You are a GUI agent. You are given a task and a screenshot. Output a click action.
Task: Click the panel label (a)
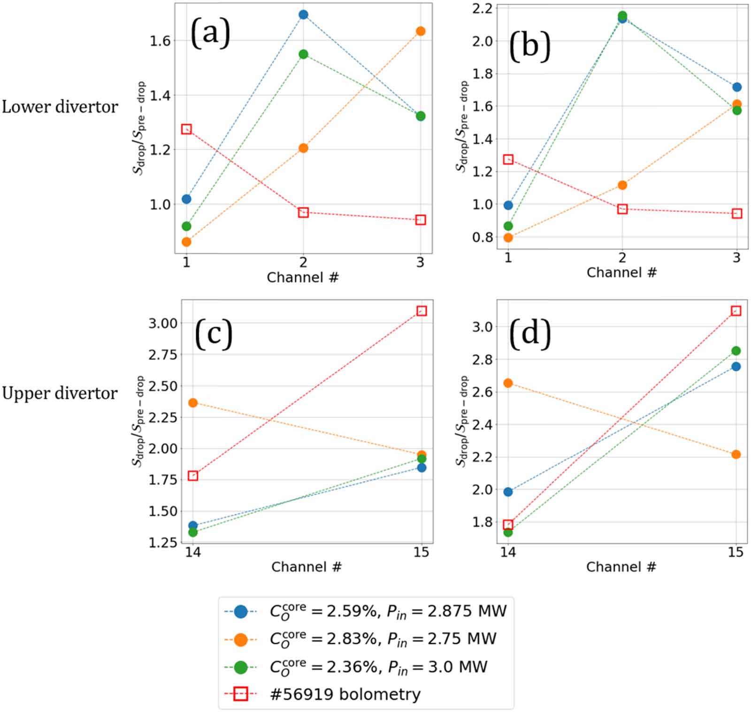point(210,33)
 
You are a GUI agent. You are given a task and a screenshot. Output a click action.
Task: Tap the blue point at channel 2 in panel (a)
point(303,15)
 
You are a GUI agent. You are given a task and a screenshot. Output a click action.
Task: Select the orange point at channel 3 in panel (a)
point(421,31)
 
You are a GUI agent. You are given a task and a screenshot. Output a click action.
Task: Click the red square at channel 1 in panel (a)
point(186,129)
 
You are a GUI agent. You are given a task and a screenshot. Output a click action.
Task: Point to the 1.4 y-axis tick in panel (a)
point(160,95)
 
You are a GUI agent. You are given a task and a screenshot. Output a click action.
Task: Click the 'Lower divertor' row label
point(60,107)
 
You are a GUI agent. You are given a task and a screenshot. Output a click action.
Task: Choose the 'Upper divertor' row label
point(60,393)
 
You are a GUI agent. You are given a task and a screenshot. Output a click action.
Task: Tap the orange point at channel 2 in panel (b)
point(622,185)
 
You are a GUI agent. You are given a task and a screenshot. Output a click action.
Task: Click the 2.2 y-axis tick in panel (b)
point(482,8)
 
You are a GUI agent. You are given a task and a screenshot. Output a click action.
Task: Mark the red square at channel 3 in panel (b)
point(737,213)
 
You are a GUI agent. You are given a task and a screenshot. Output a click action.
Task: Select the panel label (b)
point(529,46)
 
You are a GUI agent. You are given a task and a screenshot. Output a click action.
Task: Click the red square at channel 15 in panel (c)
point(421,311)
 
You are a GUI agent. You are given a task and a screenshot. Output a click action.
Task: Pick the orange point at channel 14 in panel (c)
point(192,402)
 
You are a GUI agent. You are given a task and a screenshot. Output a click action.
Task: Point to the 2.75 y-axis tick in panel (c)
point(162,355)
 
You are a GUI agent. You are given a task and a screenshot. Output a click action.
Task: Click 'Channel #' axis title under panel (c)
point(306,567)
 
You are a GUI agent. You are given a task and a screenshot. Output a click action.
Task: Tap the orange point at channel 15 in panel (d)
point(736,454)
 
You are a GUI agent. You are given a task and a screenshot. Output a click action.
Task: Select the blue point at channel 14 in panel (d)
point(508,492)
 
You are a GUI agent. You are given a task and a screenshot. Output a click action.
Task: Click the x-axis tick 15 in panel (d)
point(736,552)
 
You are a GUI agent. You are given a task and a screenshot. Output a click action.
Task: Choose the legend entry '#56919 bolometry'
point(345,694)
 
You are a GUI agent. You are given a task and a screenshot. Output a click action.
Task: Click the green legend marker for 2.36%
point(241,667)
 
